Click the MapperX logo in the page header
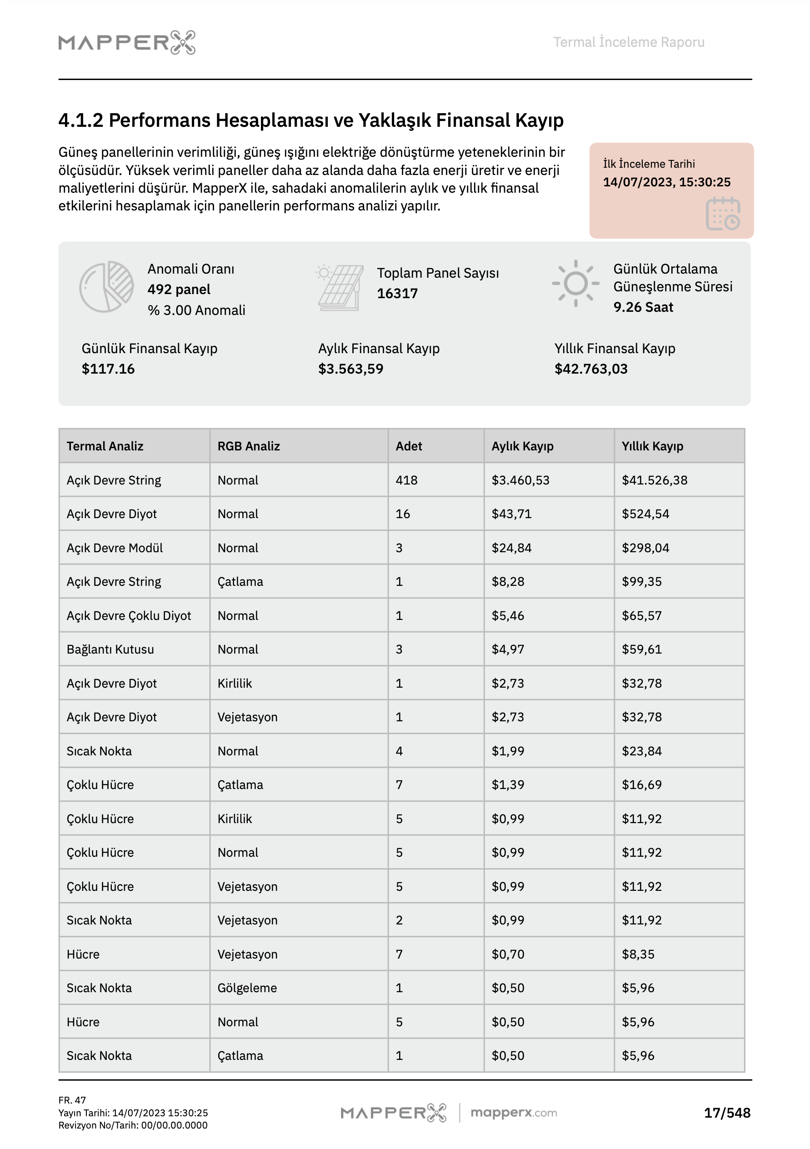pyautogui.click(x=127, y=43)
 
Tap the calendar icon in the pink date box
pyautogui.click(x=722, y=214)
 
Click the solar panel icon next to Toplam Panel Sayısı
pyautogui.click(x=340, y=288)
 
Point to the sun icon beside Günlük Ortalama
pyautogui.click(x=575, y=283)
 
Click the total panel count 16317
pyautogui.click(x=397, y=293)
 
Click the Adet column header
pyautogui.click(x=409, y=446)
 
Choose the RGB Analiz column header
pyautogui.click(x=248, y=446)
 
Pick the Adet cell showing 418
pyautogui.click(x=406, y=480)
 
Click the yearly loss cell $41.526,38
pyautogui.click(x=654, y=480)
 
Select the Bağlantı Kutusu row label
pyautogui.click(x=110, y=649)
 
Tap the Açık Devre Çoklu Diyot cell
pyautogui.click(x=129, y=615)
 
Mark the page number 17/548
pyautogui.click(x=727, y=1113)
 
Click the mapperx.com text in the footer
pyautogui.click(x=513, y=1113)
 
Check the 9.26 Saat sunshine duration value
pyautogui.click(x=643, y=307)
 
